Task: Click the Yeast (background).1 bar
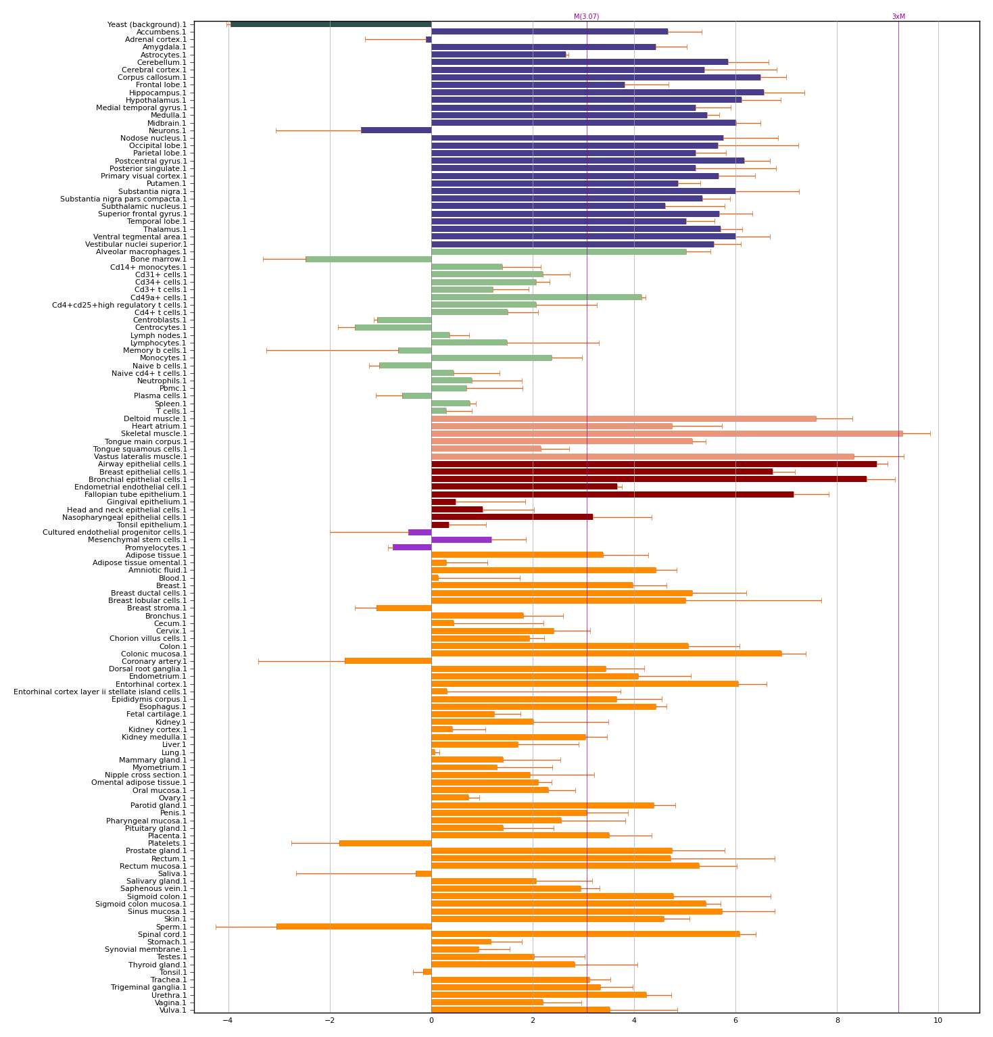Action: tap(331, 24)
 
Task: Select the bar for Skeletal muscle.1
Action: tap(667, 434)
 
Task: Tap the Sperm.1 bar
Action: tap(354, 927)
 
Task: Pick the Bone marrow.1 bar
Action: tap(368, 260)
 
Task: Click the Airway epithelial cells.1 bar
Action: tap(654, 464)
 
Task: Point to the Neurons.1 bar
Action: tap(396, 130)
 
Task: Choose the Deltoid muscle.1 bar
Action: tap(623, 419)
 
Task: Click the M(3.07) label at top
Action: tap(586, 17)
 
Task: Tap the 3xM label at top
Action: tap(898, 17)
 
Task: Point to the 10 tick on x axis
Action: tap(938, 1021)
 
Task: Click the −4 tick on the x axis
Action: tap(228, 1021)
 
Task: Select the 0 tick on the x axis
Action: tap(431, 1021)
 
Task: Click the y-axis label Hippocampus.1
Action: tap(158, 93)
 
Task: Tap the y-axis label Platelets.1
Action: tap(167, 844)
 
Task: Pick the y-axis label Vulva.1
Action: tap(173, 1011)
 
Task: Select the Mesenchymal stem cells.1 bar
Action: tap(461, 540)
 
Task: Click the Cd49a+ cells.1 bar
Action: tap(536, 297)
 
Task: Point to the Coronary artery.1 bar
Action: tap(388, 661)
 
